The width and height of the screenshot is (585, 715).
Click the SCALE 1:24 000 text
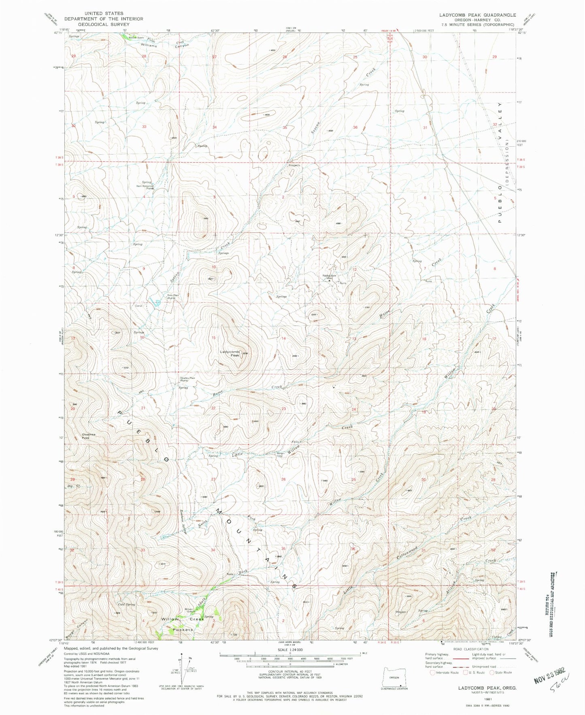pos(290,662)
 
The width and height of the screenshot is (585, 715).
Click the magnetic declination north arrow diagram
pos(185,670)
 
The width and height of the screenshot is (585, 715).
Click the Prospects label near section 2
pos(294,165)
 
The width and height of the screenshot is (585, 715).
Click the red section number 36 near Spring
pos(355,127)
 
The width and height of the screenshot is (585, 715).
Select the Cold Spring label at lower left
pos(126,604)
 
